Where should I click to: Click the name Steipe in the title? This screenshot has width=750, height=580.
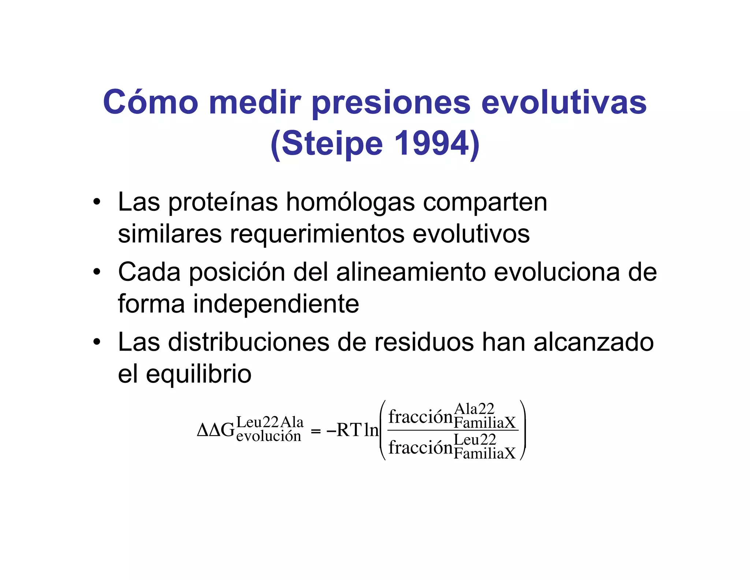332,144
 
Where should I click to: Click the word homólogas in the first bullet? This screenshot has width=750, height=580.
350,202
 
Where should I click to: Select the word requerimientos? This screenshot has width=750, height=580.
317,234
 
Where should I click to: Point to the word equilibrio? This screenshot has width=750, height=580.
198,374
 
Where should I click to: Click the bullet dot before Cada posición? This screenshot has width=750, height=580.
97,272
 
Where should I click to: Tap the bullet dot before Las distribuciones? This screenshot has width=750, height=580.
97,342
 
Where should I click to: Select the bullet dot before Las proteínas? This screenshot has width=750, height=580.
97,202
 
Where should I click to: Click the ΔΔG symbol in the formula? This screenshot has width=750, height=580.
216,430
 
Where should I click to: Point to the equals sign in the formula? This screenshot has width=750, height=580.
315,431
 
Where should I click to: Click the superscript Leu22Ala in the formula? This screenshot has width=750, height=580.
270,422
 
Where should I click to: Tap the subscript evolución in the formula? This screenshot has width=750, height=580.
269,436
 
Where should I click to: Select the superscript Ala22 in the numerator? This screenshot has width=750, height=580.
474,409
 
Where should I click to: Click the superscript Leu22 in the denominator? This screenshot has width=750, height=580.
475,440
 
